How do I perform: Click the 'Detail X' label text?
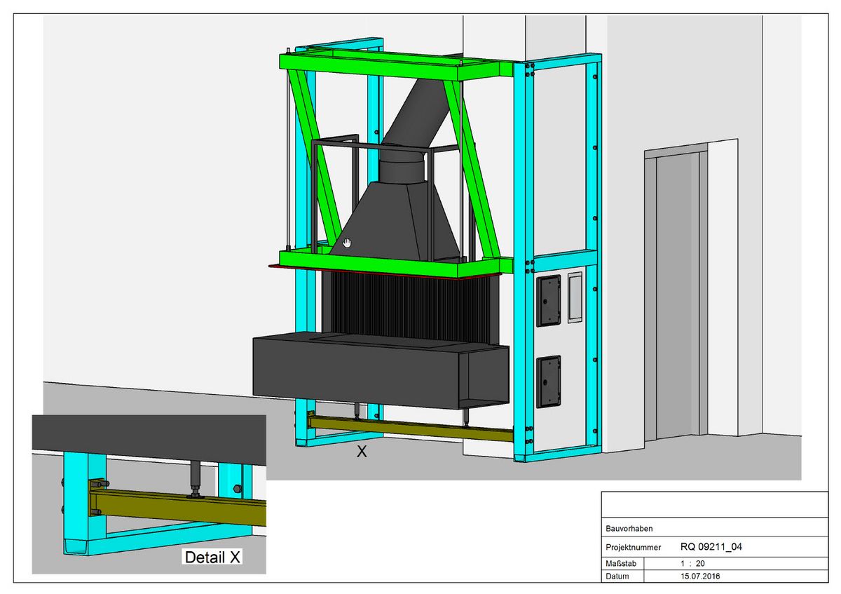212,557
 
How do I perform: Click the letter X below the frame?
362,452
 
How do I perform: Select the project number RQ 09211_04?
711,546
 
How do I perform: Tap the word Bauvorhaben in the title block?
629,529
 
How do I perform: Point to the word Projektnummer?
633,548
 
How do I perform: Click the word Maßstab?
621,564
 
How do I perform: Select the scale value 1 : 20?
692,564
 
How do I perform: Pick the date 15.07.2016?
700,576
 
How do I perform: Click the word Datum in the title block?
617,576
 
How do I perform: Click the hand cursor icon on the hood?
347,243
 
